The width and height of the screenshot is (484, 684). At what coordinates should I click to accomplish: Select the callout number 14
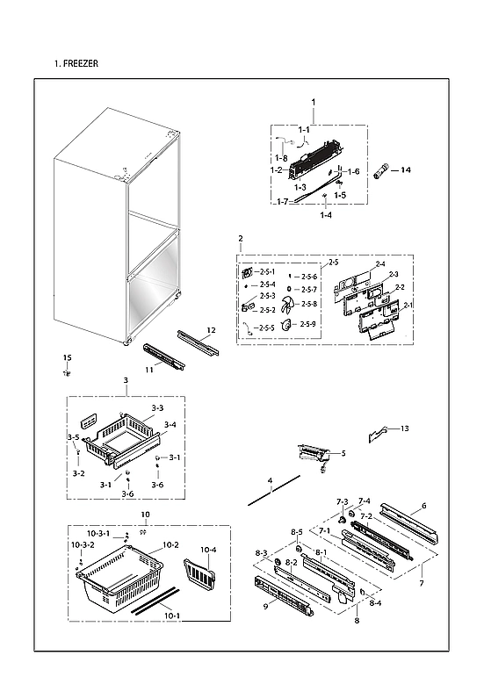coord(405,169)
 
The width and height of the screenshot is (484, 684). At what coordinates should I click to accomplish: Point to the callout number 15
coord(66,357)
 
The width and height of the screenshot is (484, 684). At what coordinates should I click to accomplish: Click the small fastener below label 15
coord(66,373)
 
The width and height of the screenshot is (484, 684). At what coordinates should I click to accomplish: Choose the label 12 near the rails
coord(211,330)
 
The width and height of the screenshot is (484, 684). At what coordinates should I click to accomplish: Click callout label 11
coord(150,371)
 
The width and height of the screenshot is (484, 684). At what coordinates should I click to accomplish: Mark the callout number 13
coord(404,428)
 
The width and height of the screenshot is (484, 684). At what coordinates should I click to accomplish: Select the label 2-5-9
coord(308,324)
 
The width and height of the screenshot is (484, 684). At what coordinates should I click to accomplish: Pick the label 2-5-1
coord(267,272)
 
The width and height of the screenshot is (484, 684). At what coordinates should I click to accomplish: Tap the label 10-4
coord(208,550)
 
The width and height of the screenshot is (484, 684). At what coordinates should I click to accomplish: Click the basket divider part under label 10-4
coord(199,572)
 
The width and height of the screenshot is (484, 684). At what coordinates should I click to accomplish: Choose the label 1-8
coord(280,158)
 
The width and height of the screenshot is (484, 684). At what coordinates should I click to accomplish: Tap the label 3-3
coord(156,408)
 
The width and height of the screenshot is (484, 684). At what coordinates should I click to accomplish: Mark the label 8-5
coord(297,532)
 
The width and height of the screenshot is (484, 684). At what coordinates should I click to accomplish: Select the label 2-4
coord(379,264)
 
